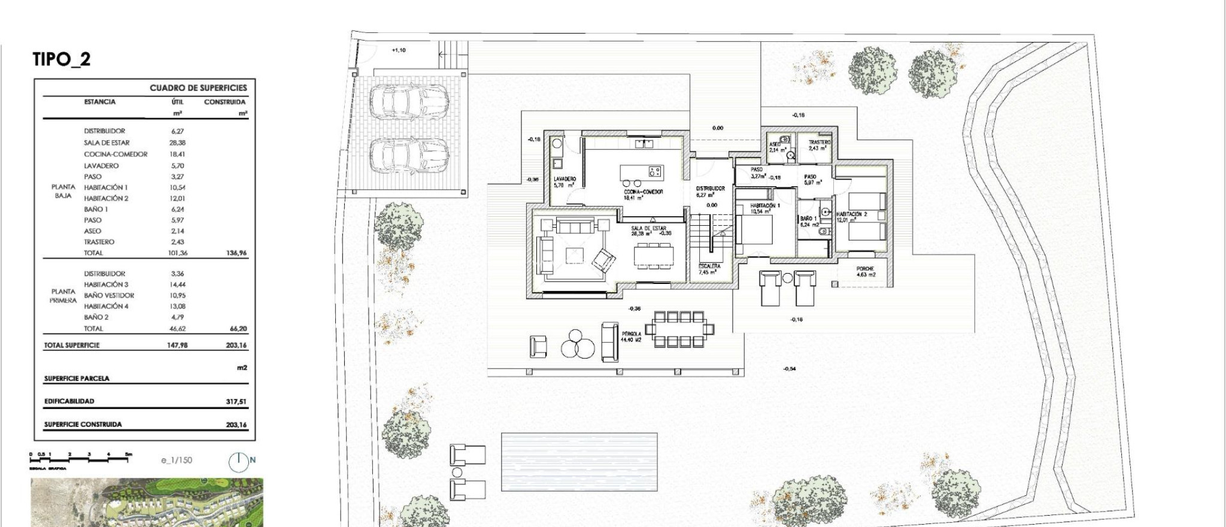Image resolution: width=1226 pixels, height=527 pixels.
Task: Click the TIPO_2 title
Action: coord(62,59)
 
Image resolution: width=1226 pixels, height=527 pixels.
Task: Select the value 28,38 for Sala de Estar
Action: coord(178,143)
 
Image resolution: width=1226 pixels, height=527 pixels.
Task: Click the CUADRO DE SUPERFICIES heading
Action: coord(198,88)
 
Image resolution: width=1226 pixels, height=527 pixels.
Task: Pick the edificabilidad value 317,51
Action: coord(236,402)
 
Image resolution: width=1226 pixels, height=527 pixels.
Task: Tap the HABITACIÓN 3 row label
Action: coord(106,284)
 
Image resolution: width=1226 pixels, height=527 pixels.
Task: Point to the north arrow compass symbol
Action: coord(239,461)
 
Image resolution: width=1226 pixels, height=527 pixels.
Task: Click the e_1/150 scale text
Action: coord(177,460)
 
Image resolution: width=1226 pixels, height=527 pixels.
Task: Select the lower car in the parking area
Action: coord(409,155)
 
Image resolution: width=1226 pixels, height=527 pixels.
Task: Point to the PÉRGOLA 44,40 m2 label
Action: coord(631,337)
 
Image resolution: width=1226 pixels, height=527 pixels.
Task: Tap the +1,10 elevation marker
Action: coord(398,50)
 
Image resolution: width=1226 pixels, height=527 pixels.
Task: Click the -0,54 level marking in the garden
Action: coord(790,369)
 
